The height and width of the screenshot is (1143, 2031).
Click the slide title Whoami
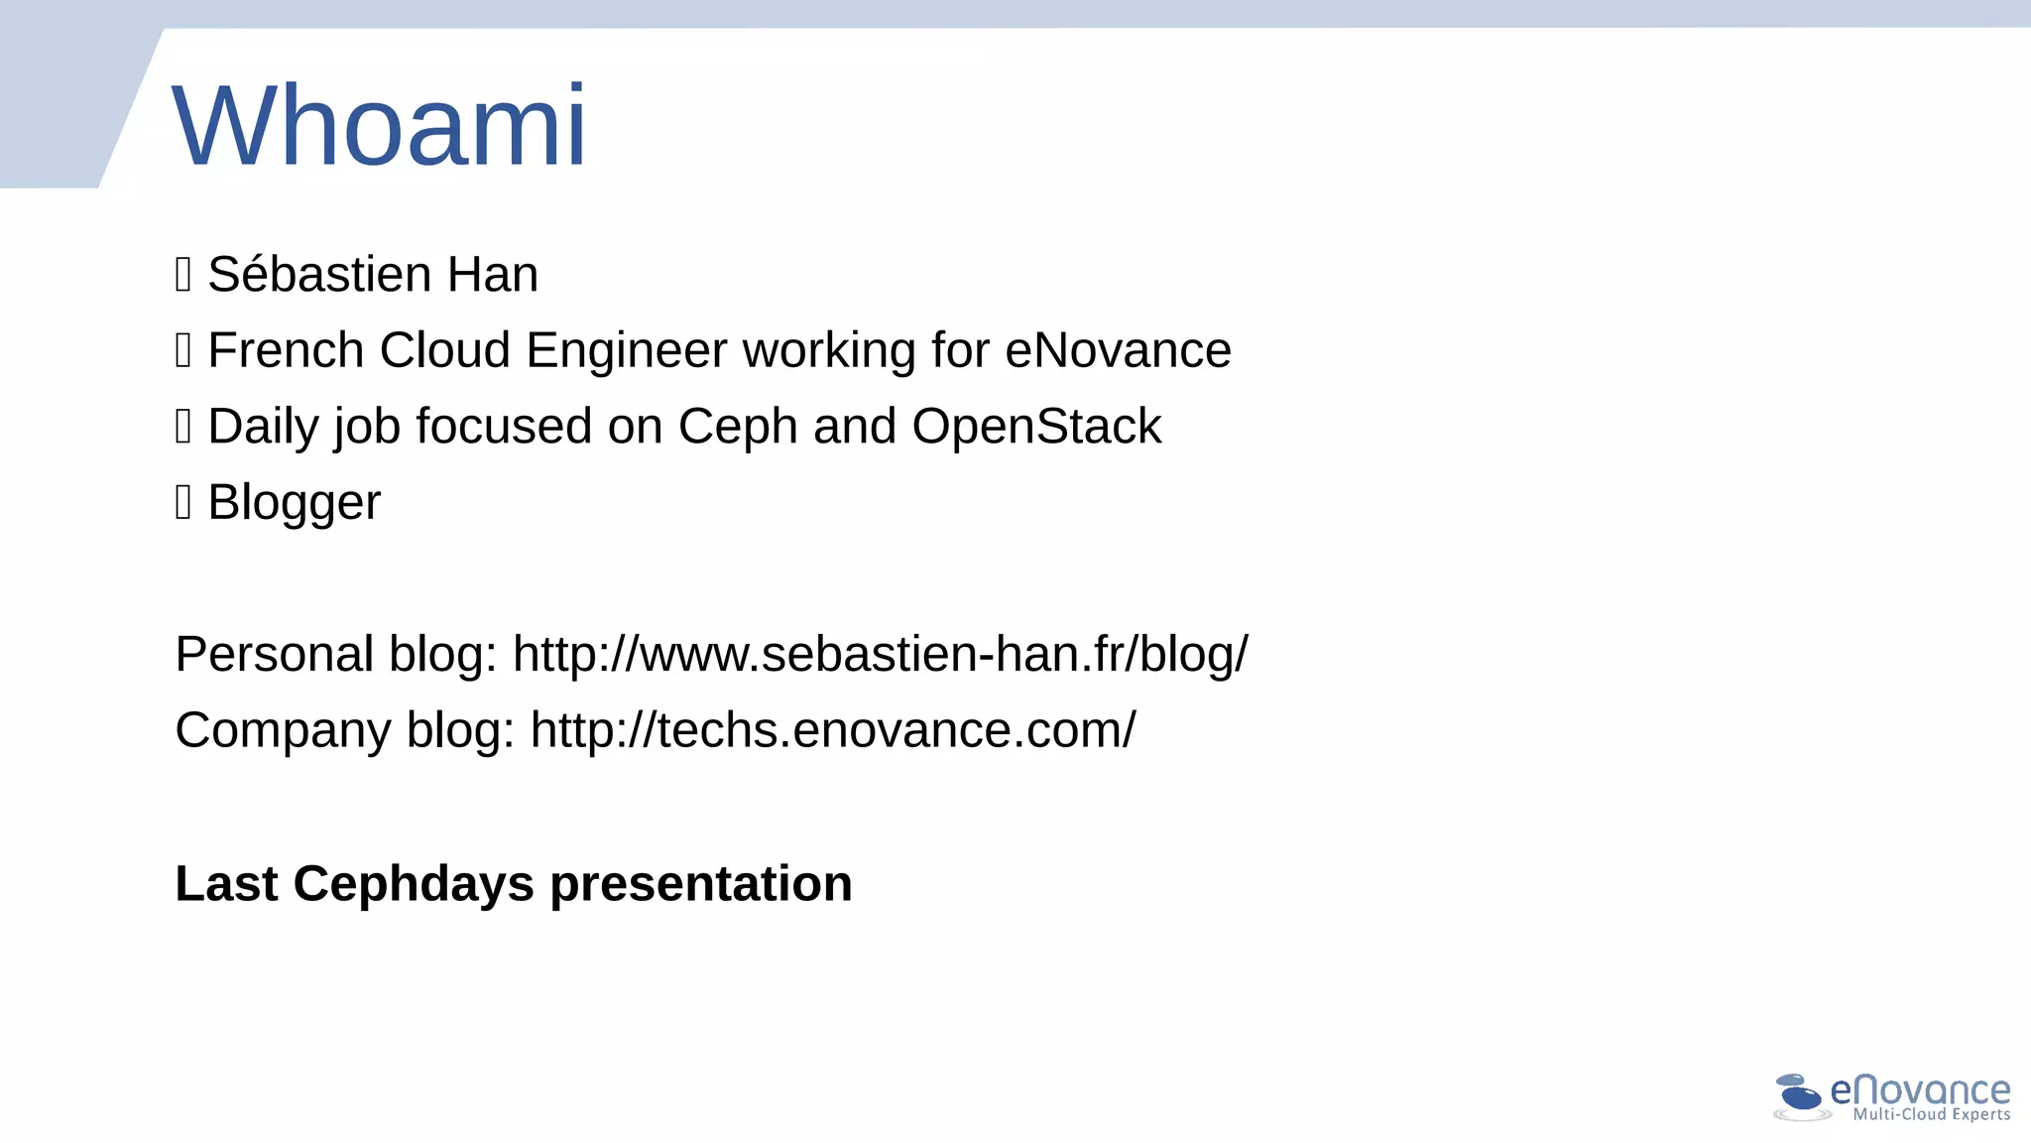coord(380,127)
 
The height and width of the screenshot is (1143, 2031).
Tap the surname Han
coord(492,274)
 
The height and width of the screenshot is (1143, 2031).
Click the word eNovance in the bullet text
coord(1118,350)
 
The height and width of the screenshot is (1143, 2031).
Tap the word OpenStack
coord(1036,427)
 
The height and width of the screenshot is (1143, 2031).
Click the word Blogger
coord(294,502)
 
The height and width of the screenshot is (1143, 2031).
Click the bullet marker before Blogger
coord(182,502)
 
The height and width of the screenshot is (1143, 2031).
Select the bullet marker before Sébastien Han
coord(182,274)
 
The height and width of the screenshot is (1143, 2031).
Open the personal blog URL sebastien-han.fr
coord(880,655)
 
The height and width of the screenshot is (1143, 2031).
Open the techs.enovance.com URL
coord(833,730)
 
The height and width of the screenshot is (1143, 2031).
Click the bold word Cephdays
coord(413,883)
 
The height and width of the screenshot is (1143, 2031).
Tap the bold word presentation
coord(700,885)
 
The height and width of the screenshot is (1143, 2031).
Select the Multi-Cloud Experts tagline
coord(1931,1115)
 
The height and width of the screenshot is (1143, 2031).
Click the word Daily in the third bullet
coord(263,427)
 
